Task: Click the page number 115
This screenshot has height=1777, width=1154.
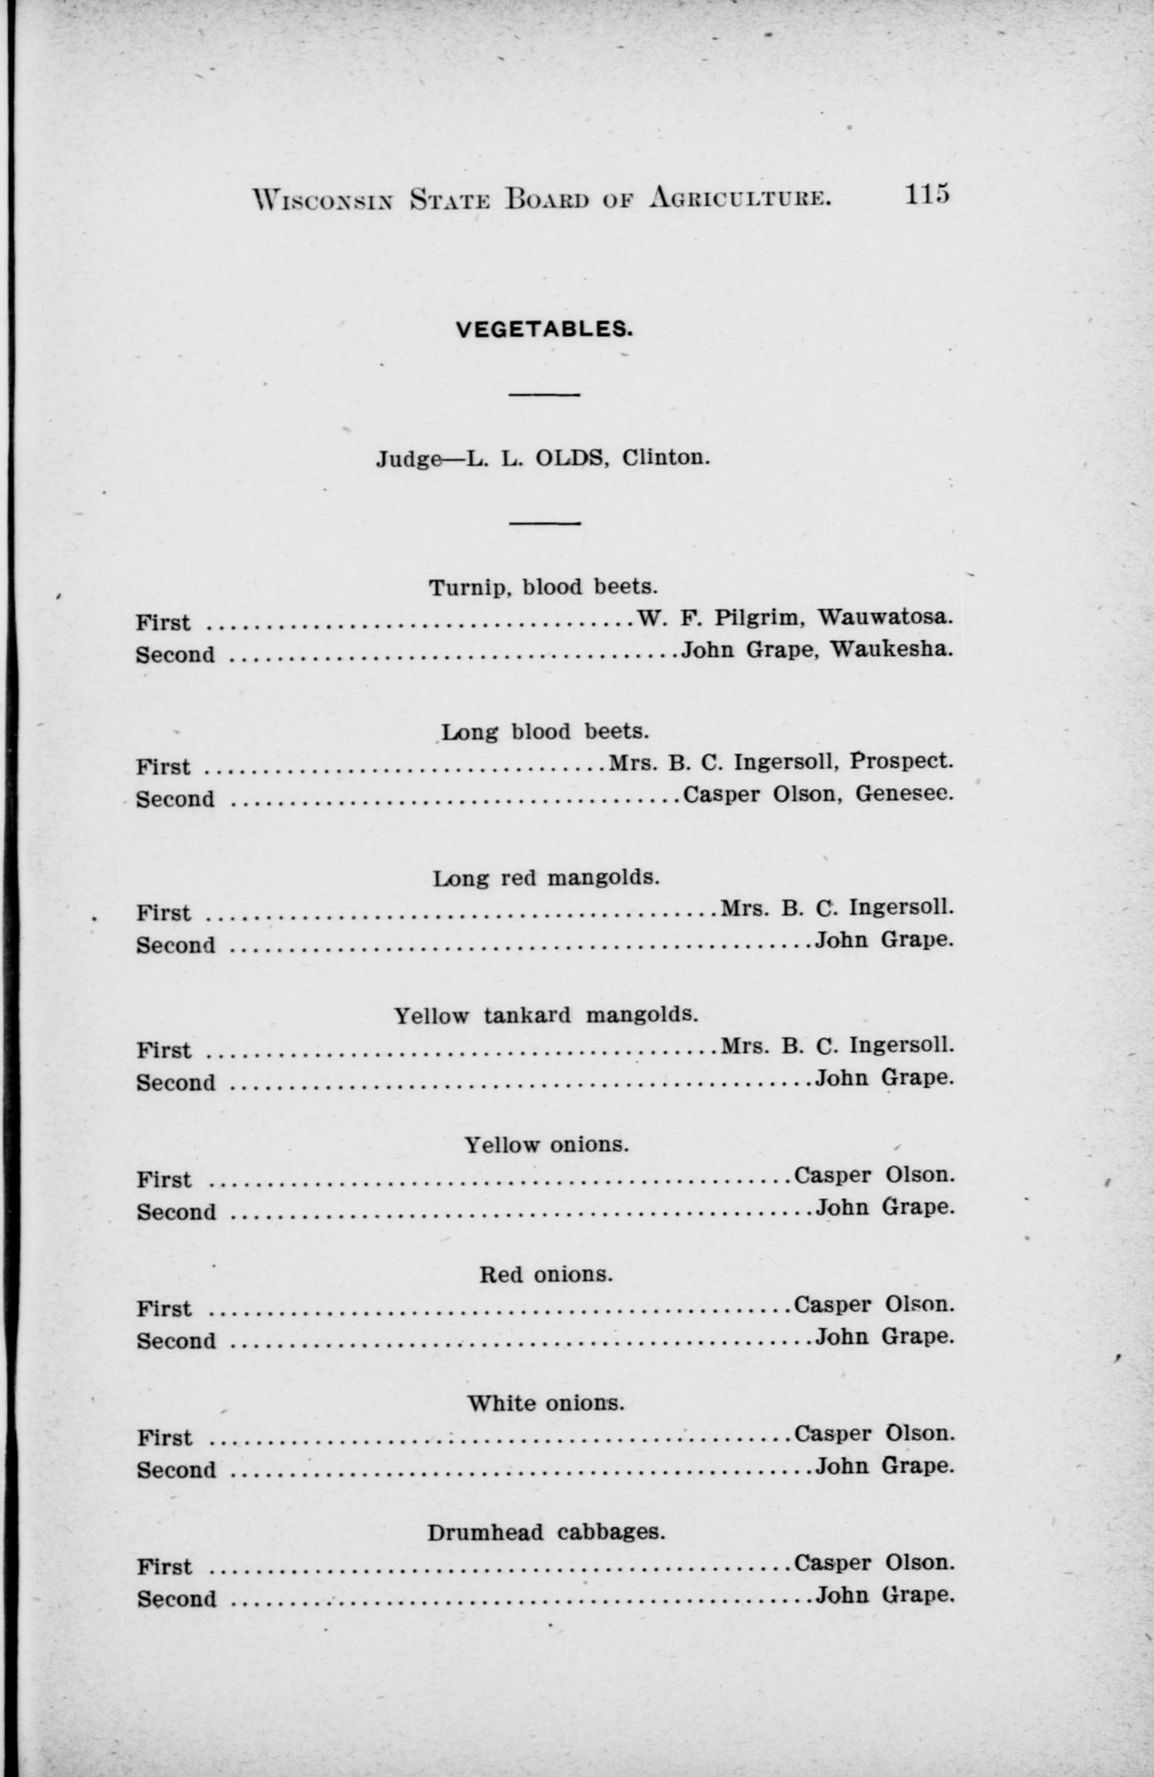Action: [x=927, y=194]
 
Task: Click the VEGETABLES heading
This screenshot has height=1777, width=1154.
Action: [x=544, y=329]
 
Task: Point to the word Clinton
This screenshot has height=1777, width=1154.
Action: [x=665, y=457]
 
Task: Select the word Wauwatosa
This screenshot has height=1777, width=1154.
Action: [x=885, y=618]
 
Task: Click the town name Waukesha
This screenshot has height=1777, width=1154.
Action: [x=892, y=650]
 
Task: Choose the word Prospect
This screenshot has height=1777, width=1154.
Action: [x=902, y=761]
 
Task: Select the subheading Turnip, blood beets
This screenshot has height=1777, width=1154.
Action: [x=542, y=587]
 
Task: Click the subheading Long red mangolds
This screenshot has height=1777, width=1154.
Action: [x=546, y=877]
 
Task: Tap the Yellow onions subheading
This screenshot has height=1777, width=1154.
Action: [x=547, y=1145]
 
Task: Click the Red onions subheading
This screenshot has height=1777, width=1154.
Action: [x=546, y=1274]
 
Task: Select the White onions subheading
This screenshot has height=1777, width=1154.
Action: [x=546, y=1403]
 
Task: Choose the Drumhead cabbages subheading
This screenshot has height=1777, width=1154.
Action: [x=546, y=1532]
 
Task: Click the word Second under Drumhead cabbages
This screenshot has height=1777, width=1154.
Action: [x=176, y=1599]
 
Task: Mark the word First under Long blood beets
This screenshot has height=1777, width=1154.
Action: [x=163, y=767]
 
